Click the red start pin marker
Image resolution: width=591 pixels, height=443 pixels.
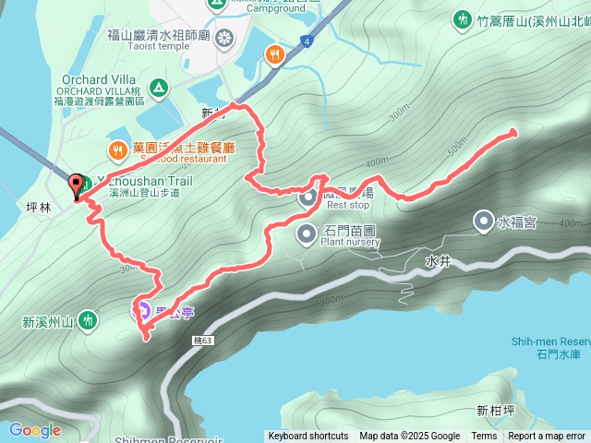[x=76, y=186]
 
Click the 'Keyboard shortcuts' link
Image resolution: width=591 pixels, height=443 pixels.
[x=308, y=437]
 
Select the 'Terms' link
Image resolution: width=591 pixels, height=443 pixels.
[x=484, y=437]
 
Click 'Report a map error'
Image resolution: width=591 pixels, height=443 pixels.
[x=547, y=437]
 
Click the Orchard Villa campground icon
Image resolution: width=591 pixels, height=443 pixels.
[x=158, y=88]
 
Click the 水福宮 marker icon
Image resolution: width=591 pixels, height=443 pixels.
[x=483, y=221]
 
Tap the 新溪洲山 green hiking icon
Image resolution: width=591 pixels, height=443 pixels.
[x=88, y=321]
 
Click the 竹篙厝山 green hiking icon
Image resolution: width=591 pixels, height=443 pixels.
[x=462, y=18]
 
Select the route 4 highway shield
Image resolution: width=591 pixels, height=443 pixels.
[x=305, y=41]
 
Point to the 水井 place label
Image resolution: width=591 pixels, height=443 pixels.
[x=438, y=261]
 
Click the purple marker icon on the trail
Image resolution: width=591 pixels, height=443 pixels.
[x=144, y=310]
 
